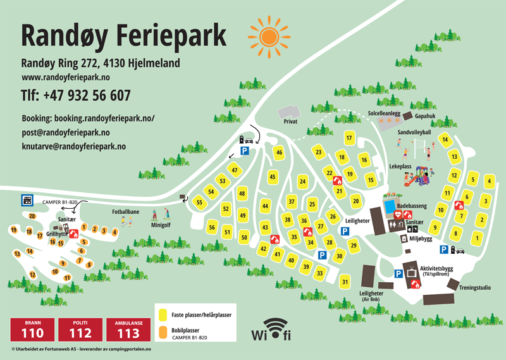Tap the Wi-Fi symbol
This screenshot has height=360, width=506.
tap(271, 328)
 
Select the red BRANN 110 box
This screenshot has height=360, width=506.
tap(32, 329)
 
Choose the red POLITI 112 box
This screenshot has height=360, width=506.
tap(80, 329)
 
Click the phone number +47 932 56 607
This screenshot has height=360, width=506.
tap(76, 96)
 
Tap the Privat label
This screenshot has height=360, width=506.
tap(290, 121)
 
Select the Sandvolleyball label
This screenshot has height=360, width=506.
tap(414, 133)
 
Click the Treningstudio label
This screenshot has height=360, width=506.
tap(475, 288)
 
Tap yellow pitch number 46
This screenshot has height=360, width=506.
tap(278, 152)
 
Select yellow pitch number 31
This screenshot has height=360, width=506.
tap(345, 282)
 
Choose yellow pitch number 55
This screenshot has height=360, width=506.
tap(199, 202)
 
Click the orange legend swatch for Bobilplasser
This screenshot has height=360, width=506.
tap(163, 330)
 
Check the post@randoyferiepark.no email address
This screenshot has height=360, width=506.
tap(66, 133)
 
